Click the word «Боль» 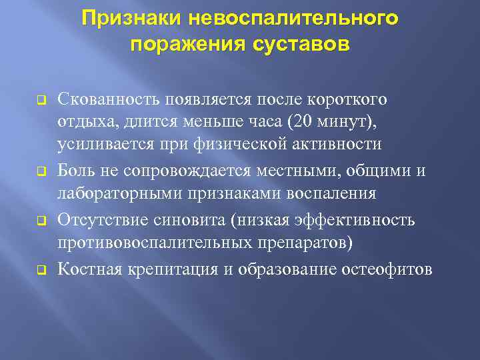tap(75, 171)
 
